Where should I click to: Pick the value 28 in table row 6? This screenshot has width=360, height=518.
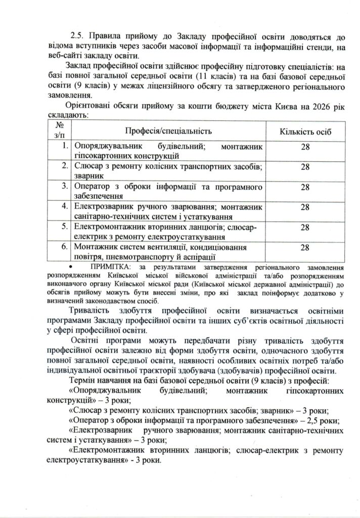(305, 248)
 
